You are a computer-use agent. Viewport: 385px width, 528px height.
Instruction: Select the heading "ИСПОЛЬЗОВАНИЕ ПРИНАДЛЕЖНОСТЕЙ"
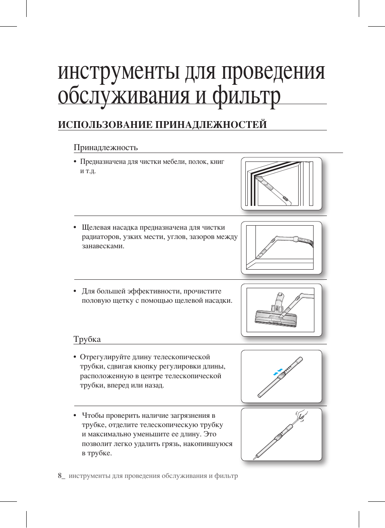162,125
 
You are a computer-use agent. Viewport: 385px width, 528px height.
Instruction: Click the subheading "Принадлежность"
106,147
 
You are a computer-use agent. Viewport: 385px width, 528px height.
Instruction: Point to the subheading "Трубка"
87,339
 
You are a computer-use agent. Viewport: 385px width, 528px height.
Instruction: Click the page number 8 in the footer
60,476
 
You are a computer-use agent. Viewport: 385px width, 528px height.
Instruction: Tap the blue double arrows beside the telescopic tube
278,371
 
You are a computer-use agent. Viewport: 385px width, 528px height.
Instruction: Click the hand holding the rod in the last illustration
301,416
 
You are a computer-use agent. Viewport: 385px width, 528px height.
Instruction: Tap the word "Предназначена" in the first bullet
103,161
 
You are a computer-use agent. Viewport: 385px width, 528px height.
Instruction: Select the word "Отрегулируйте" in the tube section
105,357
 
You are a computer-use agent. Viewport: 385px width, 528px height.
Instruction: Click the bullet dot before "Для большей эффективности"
75,291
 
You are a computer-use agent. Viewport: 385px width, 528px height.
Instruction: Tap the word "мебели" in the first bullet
174,161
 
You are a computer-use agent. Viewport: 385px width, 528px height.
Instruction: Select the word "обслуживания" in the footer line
184,476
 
